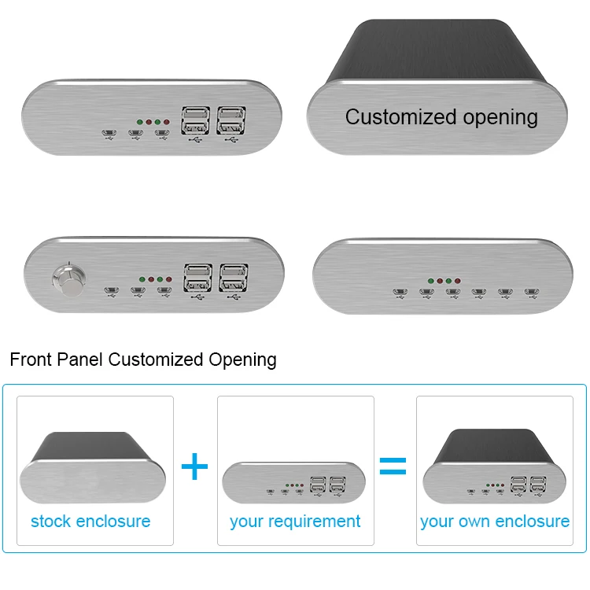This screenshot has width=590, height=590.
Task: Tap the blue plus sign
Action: [194, 467]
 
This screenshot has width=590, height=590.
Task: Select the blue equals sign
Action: [393, 467]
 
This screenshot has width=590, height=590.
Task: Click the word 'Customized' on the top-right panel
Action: [396, 117]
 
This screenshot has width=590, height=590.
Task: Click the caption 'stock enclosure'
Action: [90, 521]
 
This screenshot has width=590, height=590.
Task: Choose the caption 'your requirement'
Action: [295, 521]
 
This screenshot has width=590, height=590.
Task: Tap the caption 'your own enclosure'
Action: [495, 521]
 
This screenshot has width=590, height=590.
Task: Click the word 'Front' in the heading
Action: [31, 360]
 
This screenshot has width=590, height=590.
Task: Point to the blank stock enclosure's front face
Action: [94, 481]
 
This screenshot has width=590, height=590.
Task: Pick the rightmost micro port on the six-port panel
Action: [532, 293]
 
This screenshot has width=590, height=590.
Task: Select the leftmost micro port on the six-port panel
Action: [400, 293]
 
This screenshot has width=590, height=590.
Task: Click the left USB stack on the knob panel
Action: [197, 278]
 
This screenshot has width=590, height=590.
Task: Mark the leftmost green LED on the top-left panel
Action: [139, 123]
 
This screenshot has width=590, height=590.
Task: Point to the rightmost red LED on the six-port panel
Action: [458, 281]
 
